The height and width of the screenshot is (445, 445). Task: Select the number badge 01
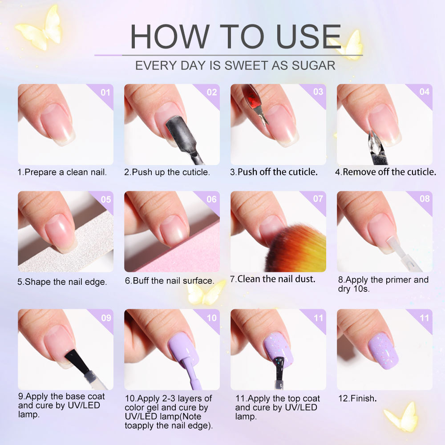point(105,92)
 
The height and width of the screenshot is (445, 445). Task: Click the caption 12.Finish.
point(357,399)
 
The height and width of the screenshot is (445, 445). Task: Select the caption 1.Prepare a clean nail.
point(62,172)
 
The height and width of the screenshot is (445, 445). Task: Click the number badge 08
point(425,199)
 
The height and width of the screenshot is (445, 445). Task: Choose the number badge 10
point(211,318)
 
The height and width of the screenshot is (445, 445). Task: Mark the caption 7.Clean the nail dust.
point(272,279)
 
